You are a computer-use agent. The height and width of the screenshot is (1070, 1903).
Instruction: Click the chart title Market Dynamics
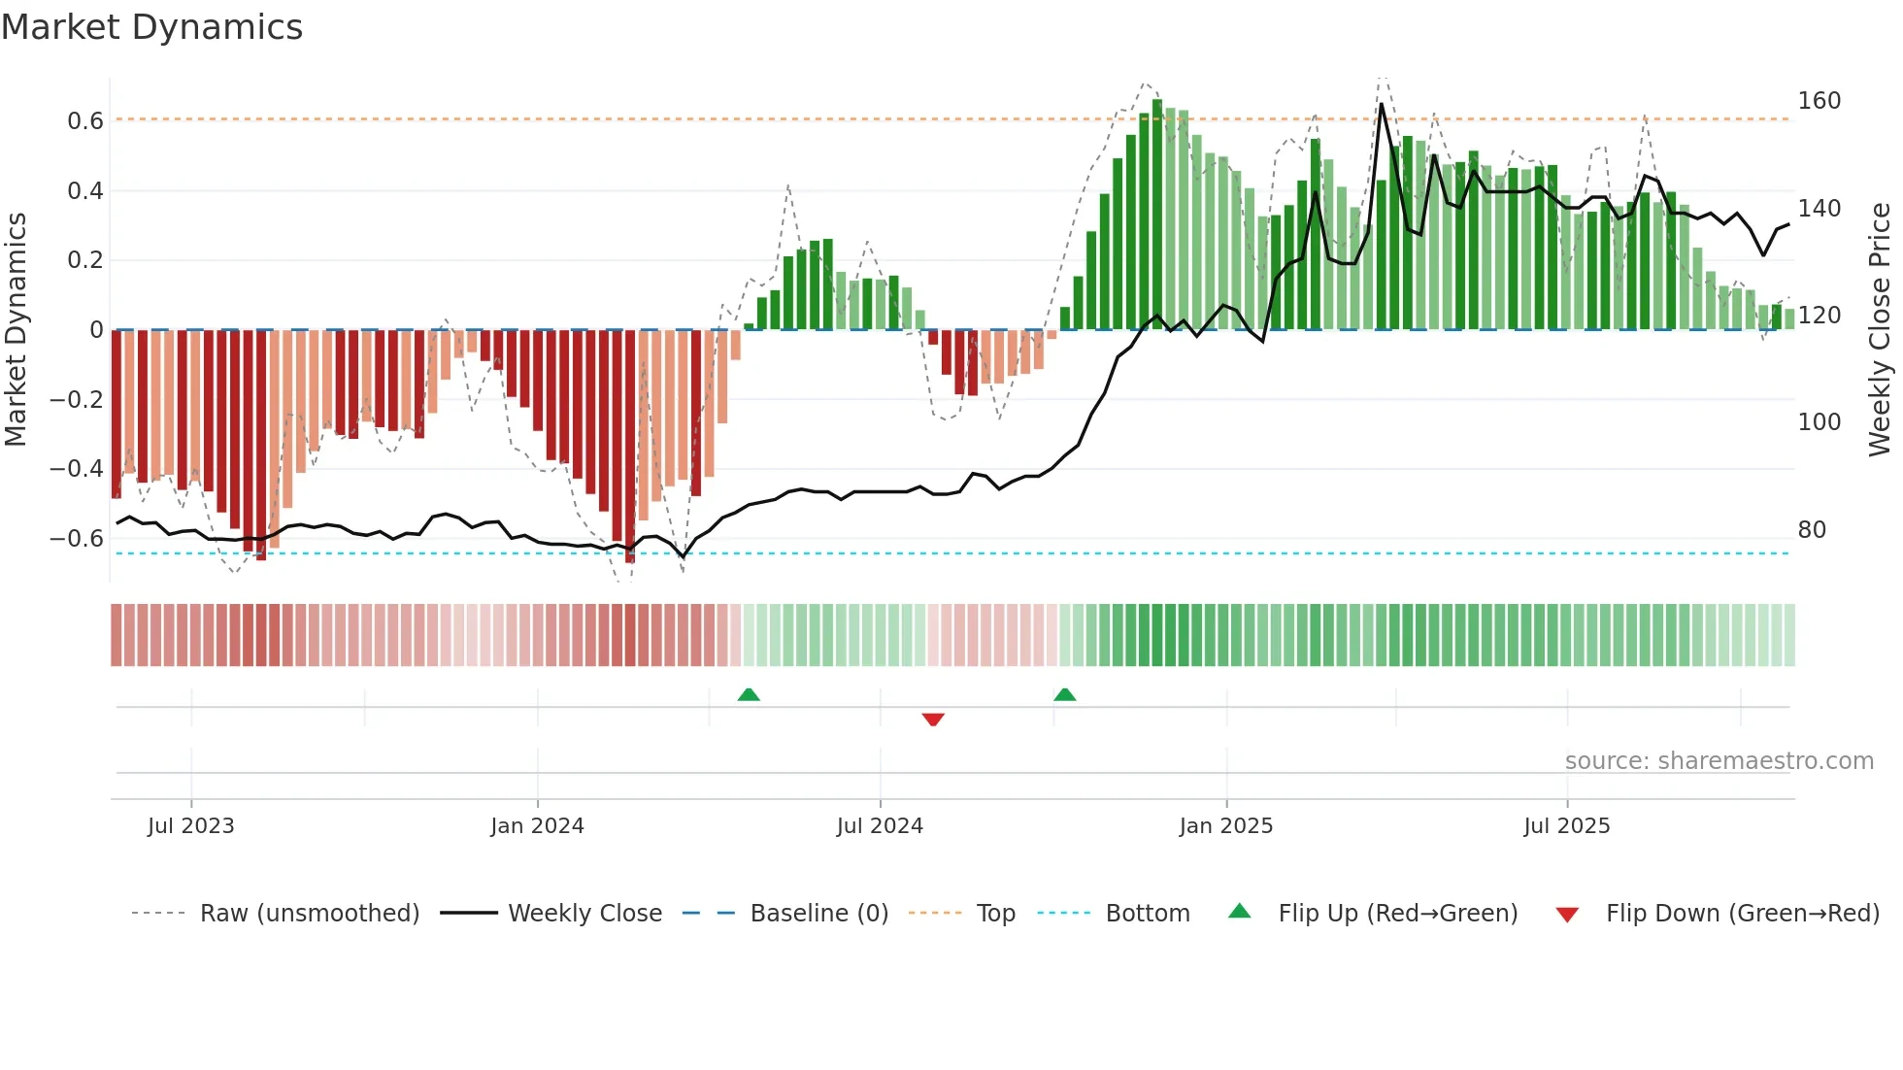coord(151,27)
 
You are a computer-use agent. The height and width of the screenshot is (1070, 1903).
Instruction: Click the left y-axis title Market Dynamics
coord(17,329)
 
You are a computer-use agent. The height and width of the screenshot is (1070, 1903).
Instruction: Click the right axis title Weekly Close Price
coord(1880,329)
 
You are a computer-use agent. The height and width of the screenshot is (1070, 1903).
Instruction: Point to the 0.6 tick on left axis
coord(84,121)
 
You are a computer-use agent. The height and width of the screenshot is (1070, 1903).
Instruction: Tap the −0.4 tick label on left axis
coord(77,469)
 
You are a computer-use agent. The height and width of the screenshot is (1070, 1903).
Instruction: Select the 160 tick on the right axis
coord(1819,101)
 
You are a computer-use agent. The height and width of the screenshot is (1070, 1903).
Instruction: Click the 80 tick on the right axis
coord(1812,530)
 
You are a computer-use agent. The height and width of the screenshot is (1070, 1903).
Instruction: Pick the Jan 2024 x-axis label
coord(537,826)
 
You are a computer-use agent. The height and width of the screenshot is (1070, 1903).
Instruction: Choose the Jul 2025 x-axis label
coord(1566,826)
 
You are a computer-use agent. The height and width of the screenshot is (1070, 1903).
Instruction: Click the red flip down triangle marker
coord(933,719)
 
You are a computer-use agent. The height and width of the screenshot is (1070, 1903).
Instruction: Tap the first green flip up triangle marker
coord(749,694)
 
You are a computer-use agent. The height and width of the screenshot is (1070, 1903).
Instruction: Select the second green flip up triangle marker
coord(1065,694)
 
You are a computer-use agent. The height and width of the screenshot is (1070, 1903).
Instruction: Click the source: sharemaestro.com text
coord(1719,761)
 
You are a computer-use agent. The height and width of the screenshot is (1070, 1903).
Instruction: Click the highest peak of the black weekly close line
coord(1382,104)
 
